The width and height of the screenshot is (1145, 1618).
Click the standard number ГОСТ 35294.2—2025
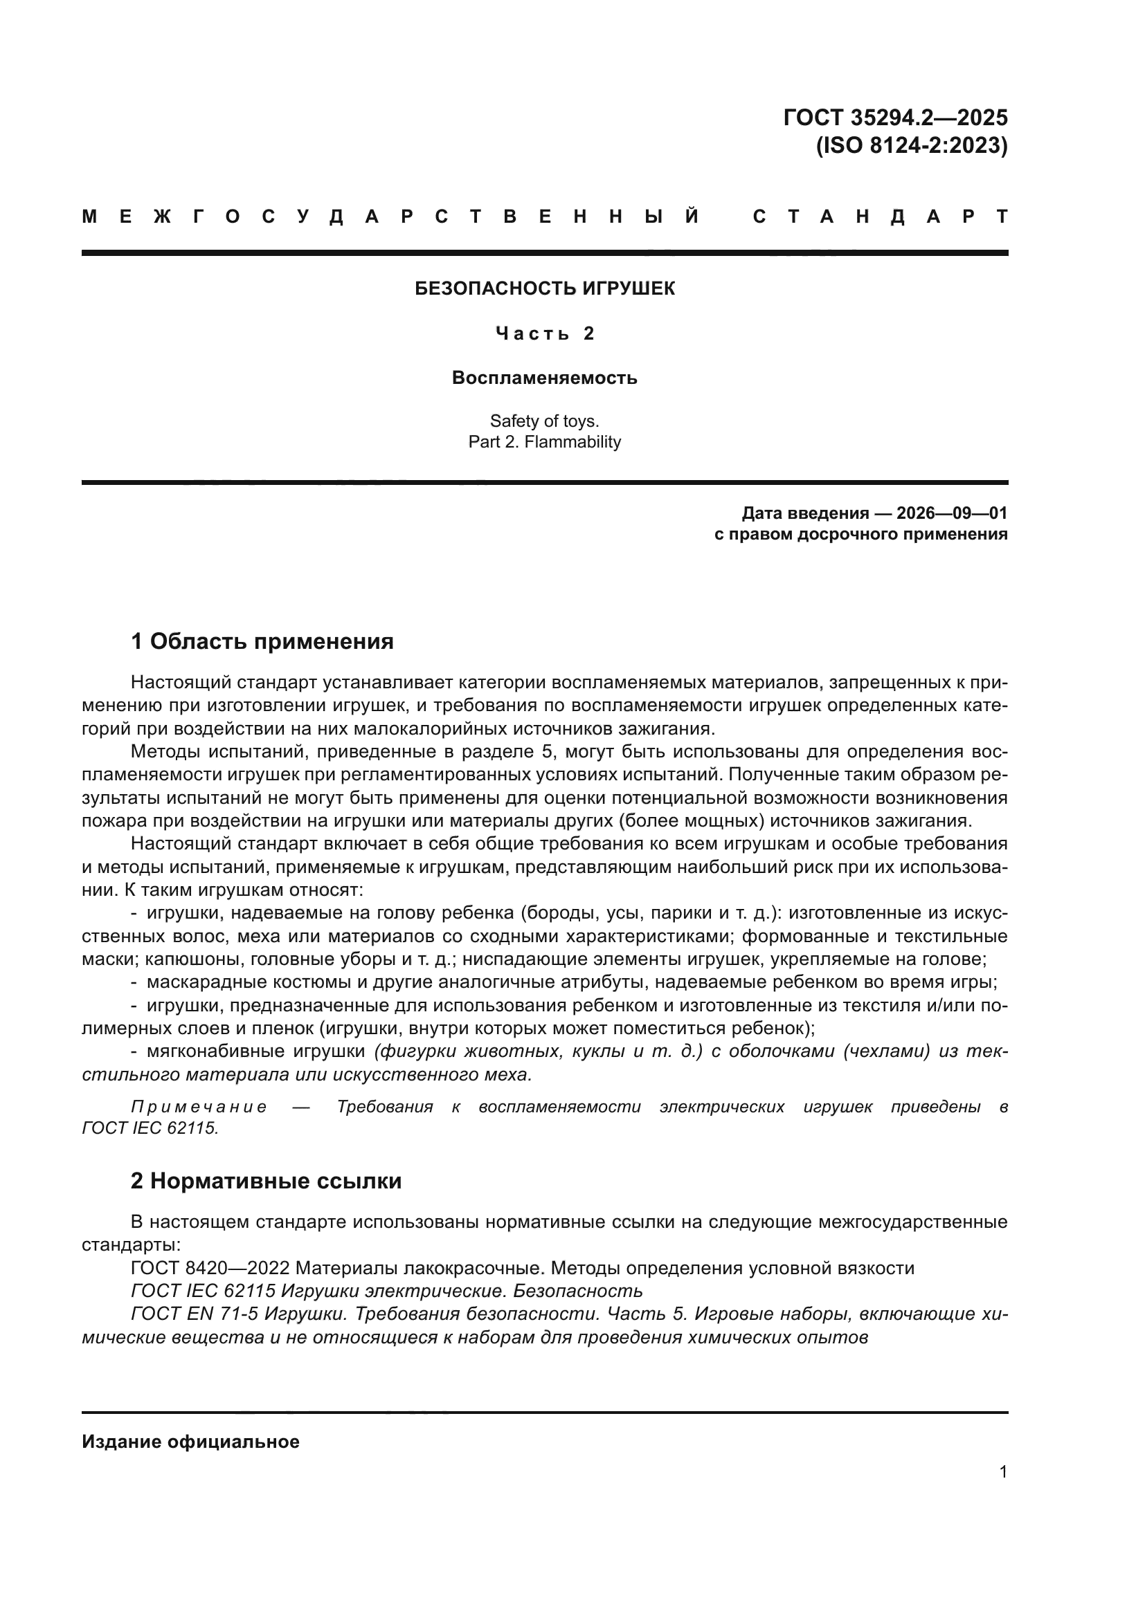pos(894,117)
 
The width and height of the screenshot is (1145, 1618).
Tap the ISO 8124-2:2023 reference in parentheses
pos(912,146)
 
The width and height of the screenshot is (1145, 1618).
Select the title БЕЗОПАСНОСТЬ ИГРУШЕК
pos(544,289)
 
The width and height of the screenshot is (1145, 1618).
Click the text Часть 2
pos(544,333)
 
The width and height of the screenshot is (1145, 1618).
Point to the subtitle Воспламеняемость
pos(544,378)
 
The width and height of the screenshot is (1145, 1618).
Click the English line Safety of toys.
pos(544,421)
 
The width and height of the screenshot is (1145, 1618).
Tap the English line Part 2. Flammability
pos(544,443)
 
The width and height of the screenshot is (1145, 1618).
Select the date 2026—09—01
pos(952,513)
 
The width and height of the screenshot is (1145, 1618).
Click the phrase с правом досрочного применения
pos(860,534)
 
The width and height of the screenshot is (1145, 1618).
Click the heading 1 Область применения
pos(262,641)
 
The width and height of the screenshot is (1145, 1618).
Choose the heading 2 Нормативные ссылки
pos(266,1181)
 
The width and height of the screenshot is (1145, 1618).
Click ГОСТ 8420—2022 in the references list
pos(210,1269)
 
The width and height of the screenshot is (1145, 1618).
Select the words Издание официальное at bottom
pos(190,1442)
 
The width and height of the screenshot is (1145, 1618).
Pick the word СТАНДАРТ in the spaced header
pos(880,217)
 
